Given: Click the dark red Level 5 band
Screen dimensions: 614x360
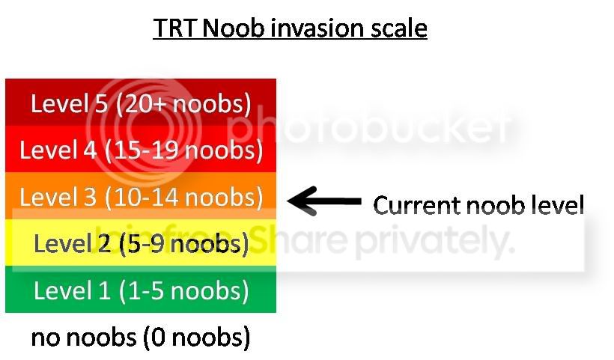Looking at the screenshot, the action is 141,102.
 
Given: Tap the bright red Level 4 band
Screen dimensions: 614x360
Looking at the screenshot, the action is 141,149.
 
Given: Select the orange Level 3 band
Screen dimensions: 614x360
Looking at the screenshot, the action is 141,195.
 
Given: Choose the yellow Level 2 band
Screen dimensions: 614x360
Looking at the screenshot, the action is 141,242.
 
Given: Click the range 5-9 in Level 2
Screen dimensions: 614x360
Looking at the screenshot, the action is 146,244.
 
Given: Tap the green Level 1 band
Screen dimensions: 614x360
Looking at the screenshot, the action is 141,290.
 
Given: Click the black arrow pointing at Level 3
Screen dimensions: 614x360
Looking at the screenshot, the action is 324,201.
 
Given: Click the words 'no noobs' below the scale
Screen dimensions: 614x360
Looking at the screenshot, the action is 84,338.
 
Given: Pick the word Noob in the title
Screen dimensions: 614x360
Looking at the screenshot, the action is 233,28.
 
